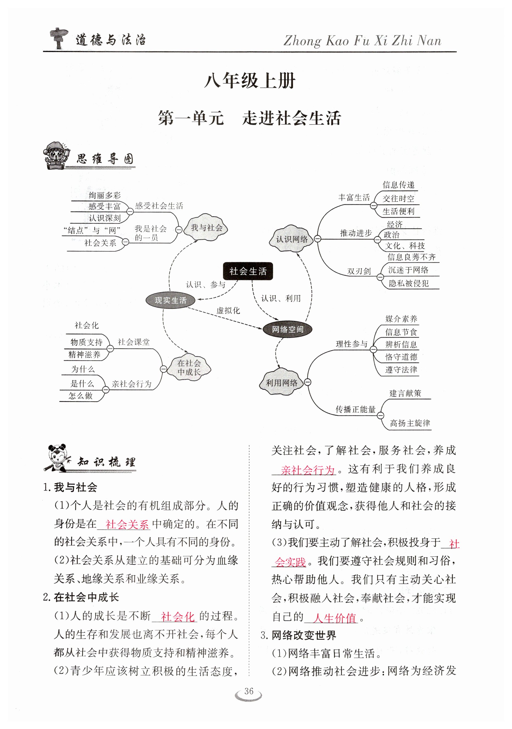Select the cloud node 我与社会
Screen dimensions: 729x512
coord(207,228)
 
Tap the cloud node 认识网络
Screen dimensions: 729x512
coord(291,239)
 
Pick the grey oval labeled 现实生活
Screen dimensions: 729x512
coord(170,300)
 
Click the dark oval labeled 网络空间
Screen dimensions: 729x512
coord(287,329)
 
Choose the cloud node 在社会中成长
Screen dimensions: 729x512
coord(189,367)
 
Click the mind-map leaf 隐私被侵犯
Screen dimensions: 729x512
coord(409,283)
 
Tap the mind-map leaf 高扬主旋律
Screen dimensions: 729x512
coord(410,423)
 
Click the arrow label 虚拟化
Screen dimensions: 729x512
coord(228,310)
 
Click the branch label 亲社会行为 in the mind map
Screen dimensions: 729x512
coord(132,384)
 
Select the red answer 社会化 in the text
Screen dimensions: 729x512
coord(177,617)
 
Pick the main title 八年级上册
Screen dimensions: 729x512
coord(250,81)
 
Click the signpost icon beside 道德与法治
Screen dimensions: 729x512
coord(58,38)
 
